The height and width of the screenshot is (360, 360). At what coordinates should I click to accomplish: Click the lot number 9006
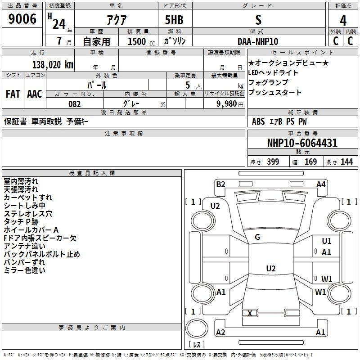click(x=22, y=19)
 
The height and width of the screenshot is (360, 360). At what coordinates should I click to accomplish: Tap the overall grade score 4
click(x=343, y=21)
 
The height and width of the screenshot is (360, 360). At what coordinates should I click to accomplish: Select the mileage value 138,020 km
click(x=53, y=65)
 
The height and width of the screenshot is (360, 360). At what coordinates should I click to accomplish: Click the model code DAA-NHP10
click(x=257, y=41)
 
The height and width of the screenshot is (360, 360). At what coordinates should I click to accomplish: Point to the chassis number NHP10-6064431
click(x=302, y=143)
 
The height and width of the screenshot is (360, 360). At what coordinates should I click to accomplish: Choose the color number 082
click(x=74, y=104)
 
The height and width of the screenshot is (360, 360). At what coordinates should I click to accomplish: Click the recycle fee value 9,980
click(x=227, y=104)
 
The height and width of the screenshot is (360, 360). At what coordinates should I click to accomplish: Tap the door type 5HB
click(x=174, y=20)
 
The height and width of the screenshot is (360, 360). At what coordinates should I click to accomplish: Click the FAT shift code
click(x=13, y=94)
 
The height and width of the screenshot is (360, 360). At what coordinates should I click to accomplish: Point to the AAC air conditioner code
click(x=35, y=94)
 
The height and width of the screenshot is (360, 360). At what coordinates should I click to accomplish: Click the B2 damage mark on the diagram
click(x=220, y=184)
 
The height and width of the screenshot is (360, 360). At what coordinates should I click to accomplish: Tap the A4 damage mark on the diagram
click(x=321, y=184)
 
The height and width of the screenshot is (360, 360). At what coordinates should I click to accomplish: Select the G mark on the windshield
click(x=257, y=237)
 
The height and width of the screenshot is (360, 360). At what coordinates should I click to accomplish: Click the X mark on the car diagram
click(x=250, y=313)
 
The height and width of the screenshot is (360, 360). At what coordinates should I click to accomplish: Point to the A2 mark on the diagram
click(x=220, y=332)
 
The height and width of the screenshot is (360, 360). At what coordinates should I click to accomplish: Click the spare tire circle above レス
click(x=197, y=328)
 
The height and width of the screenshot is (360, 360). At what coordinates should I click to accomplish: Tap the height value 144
click(x=346, y=162)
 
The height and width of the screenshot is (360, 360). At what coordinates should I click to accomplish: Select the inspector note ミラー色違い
click(x=25, y=270)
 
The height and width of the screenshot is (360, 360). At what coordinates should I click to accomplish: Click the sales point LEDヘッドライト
click(x=273, y=72)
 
